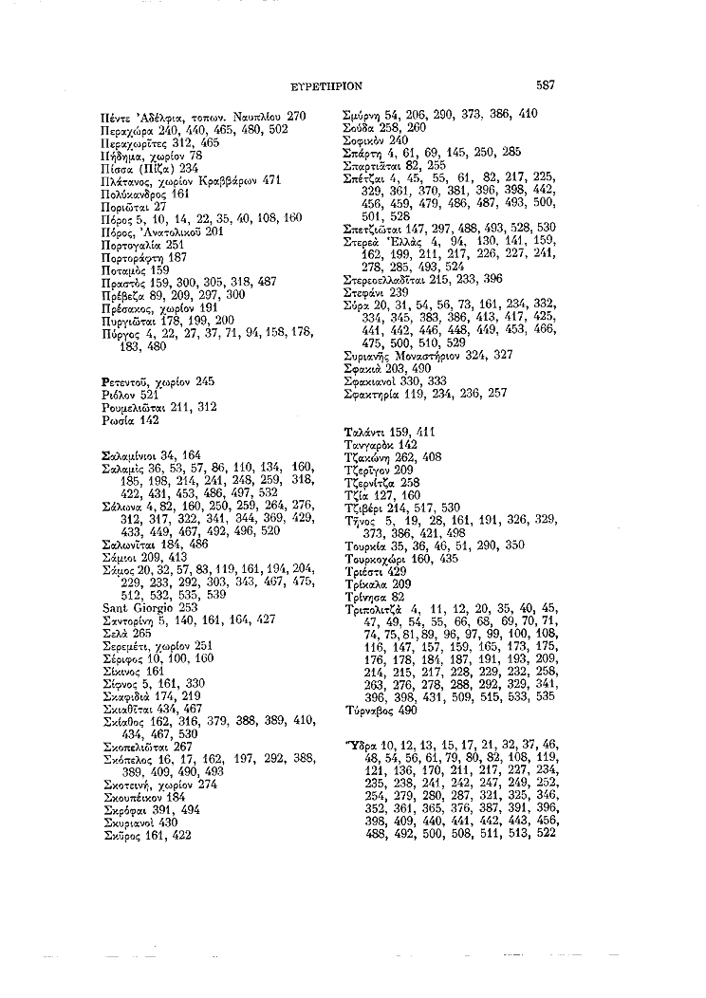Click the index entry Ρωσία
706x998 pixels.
point(117,418)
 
